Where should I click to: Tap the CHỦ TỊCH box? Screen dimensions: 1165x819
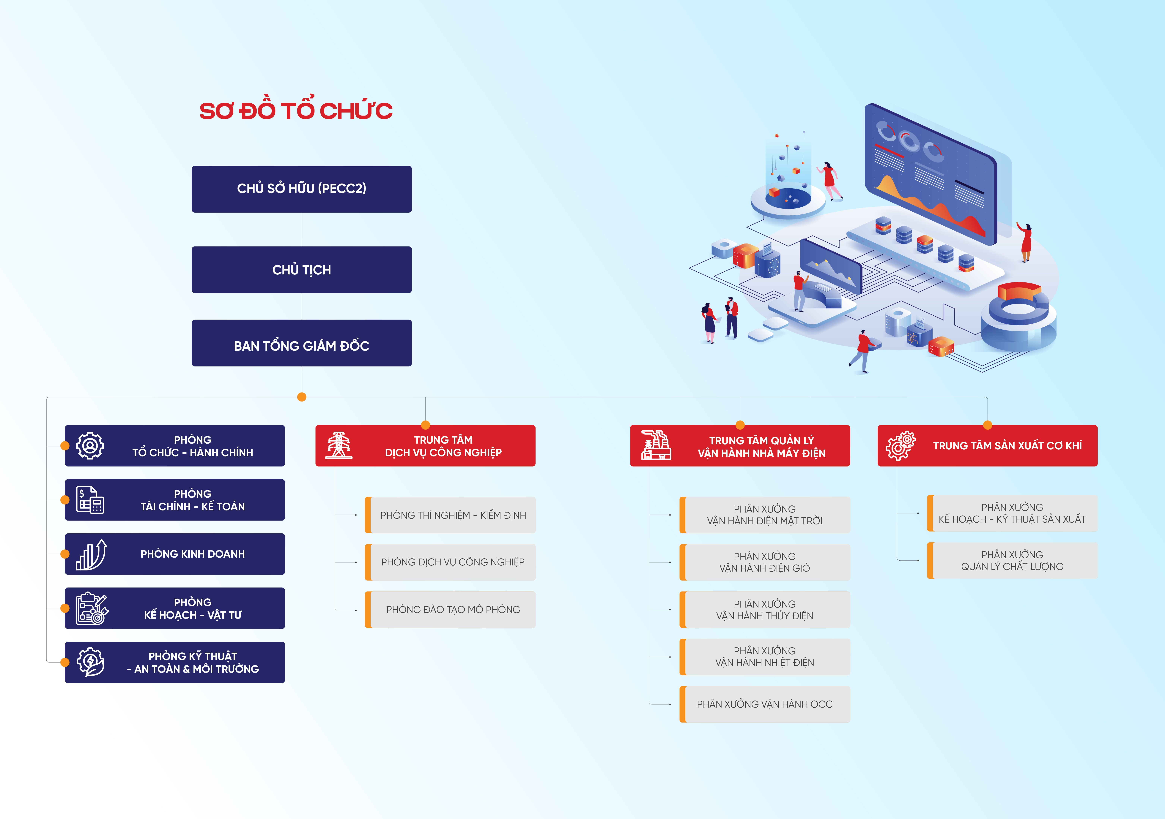pyautogui.click(x=301, y=270)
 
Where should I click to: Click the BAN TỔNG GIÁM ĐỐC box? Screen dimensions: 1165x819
pyautogui.click(x=301, y=343)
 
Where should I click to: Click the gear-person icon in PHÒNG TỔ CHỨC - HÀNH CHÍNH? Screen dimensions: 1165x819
pyautogui.click(x=90, y=446)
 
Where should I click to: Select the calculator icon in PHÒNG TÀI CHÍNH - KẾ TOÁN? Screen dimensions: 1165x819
pyautogui.click(x=90, y=500)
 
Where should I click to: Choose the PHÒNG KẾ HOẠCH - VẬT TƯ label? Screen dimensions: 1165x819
pyautogui.click(x=193, y=608)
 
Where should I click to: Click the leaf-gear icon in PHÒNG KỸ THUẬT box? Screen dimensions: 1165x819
pyautogui.click(x=90, y=662)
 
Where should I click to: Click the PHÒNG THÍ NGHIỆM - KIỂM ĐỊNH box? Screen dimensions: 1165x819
pyautogui.click(x=450, y=515)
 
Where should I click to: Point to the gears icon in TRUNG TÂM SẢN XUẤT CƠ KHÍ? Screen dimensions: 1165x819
pyautogui.click(x=901, y=446)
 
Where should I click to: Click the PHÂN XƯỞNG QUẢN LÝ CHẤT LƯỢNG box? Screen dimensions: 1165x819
pyautogui.click(x=1012, y=560)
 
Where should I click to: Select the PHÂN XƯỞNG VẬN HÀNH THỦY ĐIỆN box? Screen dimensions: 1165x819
pyautogui.click(x=765, y=610)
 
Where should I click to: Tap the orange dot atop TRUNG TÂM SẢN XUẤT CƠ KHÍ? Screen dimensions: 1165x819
pyautogui.click(x=987, y=425)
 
